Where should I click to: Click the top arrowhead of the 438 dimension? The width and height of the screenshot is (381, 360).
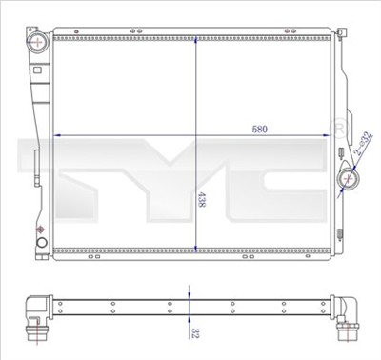(196, 40)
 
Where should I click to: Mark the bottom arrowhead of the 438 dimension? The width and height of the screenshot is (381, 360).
(196, 250)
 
